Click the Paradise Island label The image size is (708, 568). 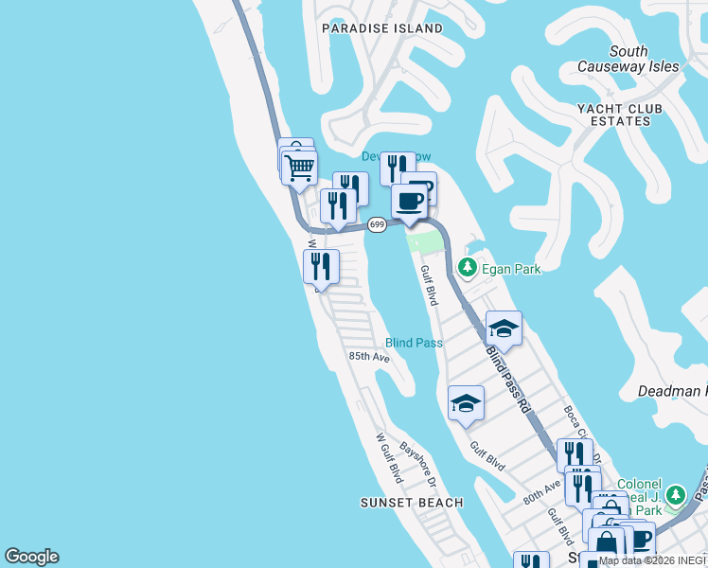coord(381,28)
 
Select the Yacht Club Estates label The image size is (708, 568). coord(613,115)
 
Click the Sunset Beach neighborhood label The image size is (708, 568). coord(413,503)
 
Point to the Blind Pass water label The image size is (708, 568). coord(414,343)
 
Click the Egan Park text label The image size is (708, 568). coord(511,269)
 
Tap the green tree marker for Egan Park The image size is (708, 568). coord(467,269)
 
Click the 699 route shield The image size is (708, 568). coord(377,224)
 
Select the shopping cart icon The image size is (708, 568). coord(299,169)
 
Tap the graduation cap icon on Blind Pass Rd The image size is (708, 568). coord(504,329)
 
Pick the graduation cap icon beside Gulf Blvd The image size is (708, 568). coord(466,403)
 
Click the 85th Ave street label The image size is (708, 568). coord(368,357)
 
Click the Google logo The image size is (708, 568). coord(31,557)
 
